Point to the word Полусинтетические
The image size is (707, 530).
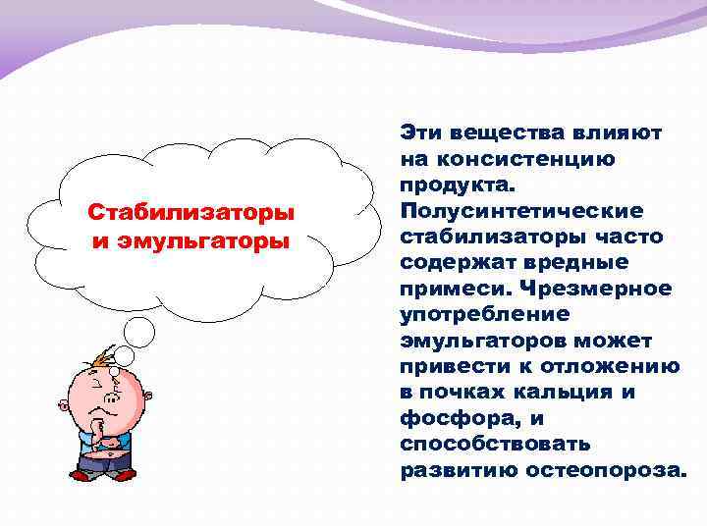[x=521, y=211]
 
